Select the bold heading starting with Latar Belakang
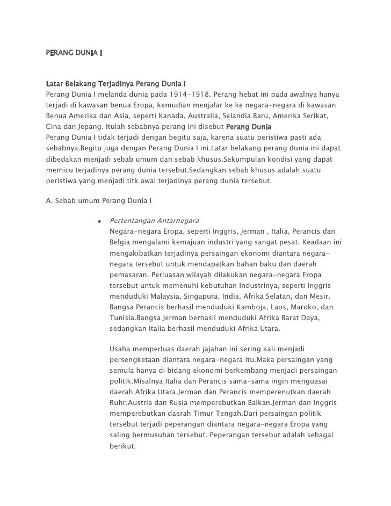click(x=116, y=84)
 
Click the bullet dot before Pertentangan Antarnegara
click(x=100, y=221)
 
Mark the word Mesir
click(x=319, y=297)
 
